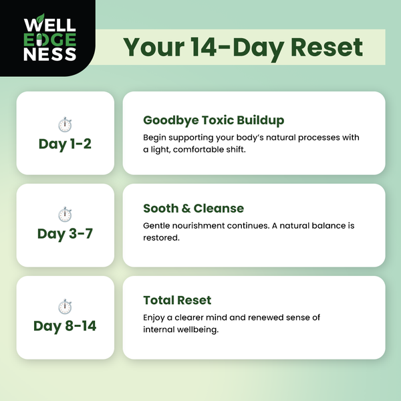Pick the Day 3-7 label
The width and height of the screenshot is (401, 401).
[64, 234]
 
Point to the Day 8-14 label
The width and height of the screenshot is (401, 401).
[64, 326]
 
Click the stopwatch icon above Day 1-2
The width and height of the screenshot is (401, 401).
[65, 124]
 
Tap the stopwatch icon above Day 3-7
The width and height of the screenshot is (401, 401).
[65, 215]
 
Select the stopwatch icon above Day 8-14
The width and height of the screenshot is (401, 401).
[65, 307]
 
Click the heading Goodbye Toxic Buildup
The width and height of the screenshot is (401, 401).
[213, 120]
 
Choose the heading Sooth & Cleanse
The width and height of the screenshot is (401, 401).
[193, 209]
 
